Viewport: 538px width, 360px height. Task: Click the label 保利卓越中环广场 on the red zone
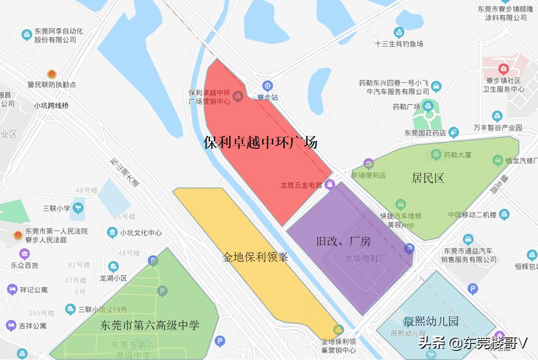tap(261, 142)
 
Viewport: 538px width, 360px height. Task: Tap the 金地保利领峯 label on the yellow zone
tap(256, 257)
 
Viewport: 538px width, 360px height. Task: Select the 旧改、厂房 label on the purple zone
tap(343, 241)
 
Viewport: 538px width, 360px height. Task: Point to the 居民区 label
tap(428, 178)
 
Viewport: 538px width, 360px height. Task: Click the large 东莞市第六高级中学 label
tap(150, 325)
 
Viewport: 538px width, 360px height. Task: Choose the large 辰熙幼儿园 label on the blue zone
tap(432, 321)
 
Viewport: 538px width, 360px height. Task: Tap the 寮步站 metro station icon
tap(267, 86)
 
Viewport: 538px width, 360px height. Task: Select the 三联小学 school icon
tap(79, 206)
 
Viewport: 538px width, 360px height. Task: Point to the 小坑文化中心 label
tap(141, 233)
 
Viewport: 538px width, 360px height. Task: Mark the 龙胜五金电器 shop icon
tap(330, 185)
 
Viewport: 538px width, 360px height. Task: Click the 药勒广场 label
tap(406, 106)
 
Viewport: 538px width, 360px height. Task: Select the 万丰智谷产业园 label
tap(498, 127)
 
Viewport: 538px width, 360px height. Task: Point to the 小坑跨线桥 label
tap(51, 105)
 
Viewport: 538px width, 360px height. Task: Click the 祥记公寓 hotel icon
tap(12, 290)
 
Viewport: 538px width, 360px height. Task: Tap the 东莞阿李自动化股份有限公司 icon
tap(26, 35)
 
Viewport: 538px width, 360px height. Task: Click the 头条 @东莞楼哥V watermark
tap(473, 342)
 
